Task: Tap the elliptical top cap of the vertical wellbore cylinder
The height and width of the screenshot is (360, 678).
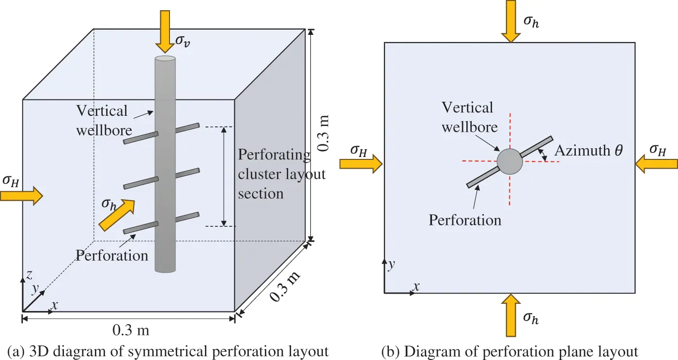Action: pyautogui.click(x=165, y=59)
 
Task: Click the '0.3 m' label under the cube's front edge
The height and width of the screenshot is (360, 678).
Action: pyautogui.click(x=130, y=330)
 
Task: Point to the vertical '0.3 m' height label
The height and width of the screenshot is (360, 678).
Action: pyautogui.click(x=324, y=133)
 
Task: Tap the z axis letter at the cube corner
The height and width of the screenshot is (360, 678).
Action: pyautogui.click(x=30, y=275)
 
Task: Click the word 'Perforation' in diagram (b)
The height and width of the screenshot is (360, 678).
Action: pyautogui.click(x=465, y=220)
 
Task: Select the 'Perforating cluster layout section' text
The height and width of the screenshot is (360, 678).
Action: pyautogui.click(x=281, y=174)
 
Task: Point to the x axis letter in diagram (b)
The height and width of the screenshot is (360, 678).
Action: pyautogui.click(x=415, y=287)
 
